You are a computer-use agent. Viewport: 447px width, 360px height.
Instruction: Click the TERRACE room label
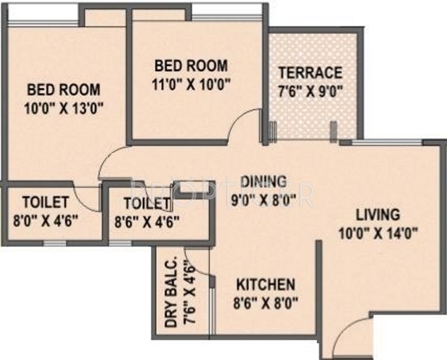[310, 73]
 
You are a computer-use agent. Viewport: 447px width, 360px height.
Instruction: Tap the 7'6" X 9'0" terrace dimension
[310, 92]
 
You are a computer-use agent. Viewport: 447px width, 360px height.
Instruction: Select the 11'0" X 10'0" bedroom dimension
[191, 85]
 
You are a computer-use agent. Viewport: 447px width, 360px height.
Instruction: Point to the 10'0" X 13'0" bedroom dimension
[63, 109]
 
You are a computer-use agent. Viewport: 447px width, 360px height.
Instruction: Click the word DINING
[263, 182]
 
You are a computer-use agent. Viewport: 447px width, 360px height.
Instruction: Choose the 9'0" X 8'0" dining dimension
[263, 200]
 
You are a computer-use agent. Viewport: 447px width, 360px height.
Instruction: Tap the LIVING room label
[378, 215]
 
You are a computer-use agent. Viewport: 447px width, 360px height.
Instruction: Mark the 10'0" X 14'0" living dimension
[378, 234]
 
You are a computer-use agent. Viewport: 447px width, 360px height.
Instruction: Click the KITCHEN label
[266, 284]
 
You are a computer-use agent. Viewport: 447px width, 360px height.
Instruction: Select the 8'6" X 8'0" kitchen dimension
[266, 303]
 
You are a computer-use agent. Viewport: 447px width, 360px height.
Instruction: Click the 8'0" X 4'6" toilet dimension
[46, 221]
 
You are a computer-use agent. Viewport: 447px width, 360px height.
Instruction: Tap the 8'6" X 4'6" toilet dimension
[147, 222]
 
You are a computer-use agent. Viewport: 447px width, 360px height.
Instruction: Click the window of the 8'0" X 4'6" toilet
[55, 243]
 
